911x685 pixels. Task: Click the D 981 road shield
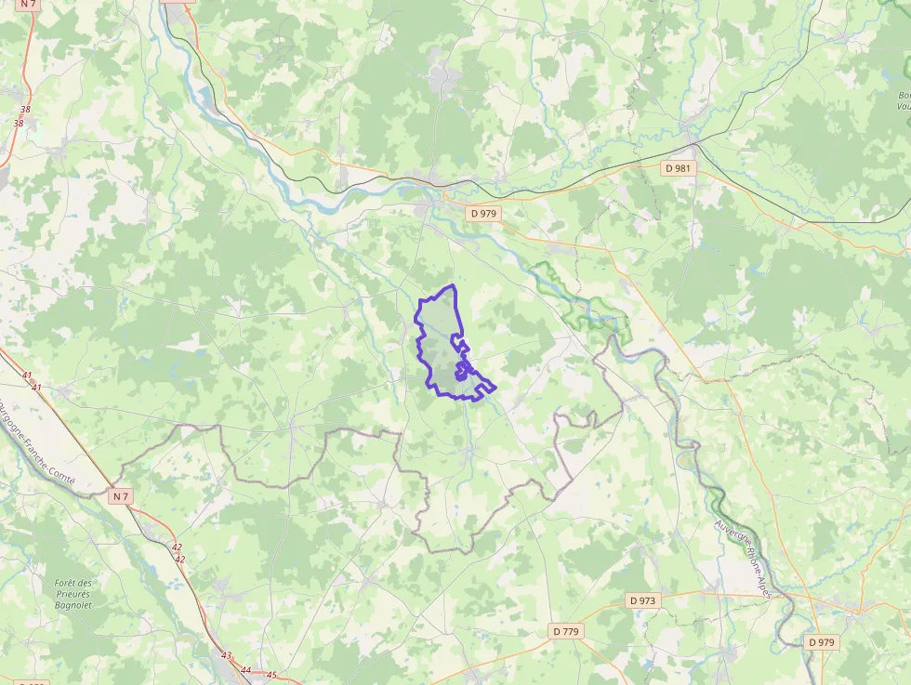pos(678,168)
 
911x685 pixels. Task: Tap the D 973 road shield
pos(641,600)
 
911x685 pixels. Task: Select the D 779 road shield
pos(566,631)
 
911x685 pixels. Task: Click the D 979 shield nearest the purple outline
pos(484,213)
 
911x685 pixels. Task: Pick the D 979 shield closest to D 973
pos(822,641)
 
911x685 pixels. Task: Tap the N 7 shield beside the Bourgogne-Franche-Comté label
pos(120,496)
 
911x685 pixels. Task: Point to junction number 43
pos(227,655)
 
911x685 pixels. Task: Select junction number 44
pos(245,670)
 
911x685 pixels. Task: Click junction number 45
pos(271,676)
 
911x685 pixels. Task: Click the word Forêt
pos(72,583)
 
